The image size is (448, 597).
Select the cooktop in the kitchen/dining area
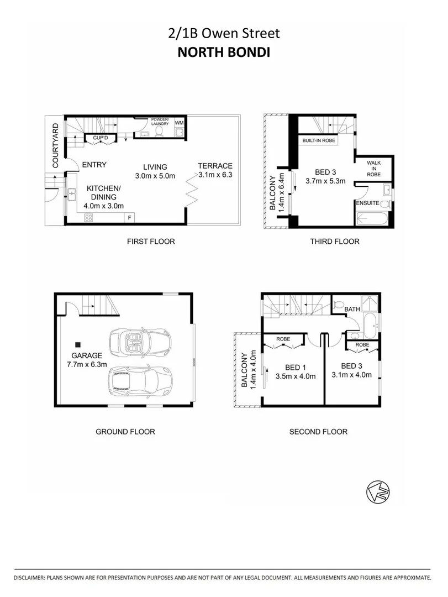pyautogui.click(x=89, y=218)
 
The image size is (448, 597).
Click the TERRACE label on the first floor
pyautogui.click(x=216, y=166)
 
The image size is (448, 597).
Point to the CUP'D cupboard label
pyautogui.click(x=100, y=137)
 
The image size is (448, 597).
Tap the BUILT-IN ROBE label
pyautogui.click(x=319, y=141)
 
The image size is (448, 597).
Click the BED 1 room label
pyautogui.click(x=295, y=368)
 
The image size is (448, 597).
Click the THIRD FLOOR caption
pyautogui.click(x=335, y=241)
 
